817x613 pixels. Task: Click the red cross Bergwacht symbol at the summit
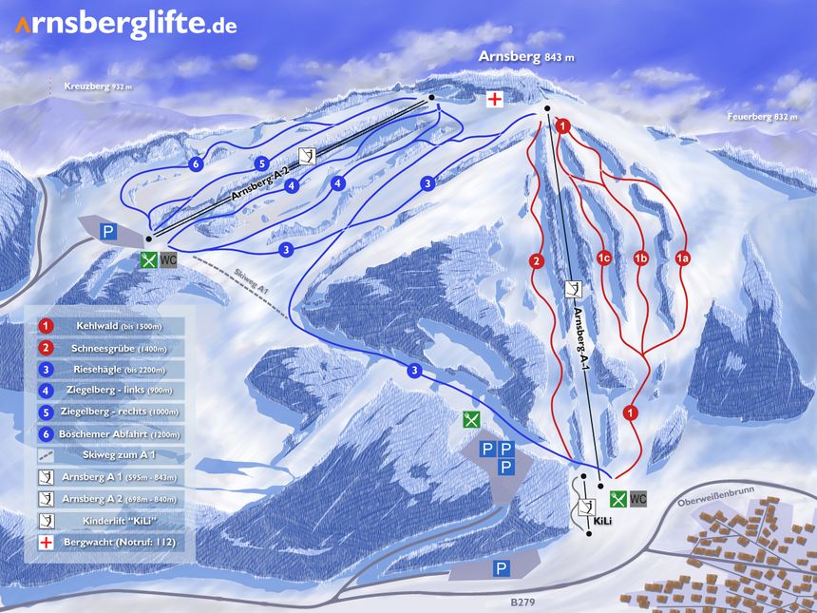tap(495, 100)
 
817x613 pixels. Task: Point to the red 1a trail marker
tap(681, 258)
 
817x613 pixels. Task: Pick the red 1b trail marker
tap(641, 258)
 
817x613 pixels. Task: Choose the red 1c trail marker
tap(602, 258)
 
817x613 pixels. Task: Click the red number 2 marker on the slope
tap(536, 261)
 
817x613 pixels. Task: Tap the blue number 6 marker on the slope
tap(196, 164)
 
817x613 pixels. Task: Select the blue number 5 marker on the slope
tap(261, 163)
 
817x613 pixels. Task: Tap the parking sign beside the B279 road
tap(501, 568)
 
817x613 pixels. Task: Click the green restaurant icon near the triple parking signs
tap(469, 419)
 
